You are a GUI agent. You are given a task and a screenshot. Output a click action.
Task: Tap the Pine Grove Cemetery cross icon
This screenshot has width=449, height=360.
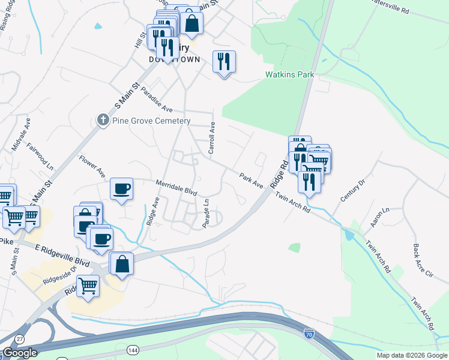(103, 121)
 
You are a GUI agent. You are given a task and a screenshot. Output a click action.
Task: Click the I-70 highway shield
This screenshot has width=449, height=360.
(309, 331)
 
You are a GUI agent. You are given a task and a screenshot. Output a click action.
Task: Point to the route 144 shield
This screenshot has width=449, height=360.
(133, 349)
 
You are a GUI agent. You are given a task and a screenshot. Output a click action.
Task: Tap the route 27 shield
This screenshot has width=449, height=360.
(20, 339)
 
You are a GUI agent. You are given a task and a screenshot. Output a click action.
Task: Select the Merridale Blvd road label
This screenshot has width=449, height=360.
(176, 187)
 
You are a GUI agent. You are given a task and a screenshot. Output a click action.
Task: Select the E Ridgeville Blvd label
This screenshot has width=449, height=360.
(62, 256)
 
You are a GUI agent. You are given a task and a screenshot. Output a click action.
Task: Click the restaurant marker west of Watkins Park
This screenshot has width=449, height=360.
(224, 62)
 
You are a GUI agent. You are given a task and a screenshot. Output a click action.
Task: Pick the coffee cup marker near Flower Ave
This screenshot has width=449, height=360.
(122, 189)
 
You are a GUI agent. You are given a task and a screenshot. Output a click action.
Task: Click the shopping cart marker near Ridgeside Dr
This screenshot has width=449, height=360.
(88, 286)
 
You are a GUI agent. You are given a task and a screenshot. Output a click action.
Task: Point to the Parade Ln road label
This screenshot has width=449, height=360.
(206, 213)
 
